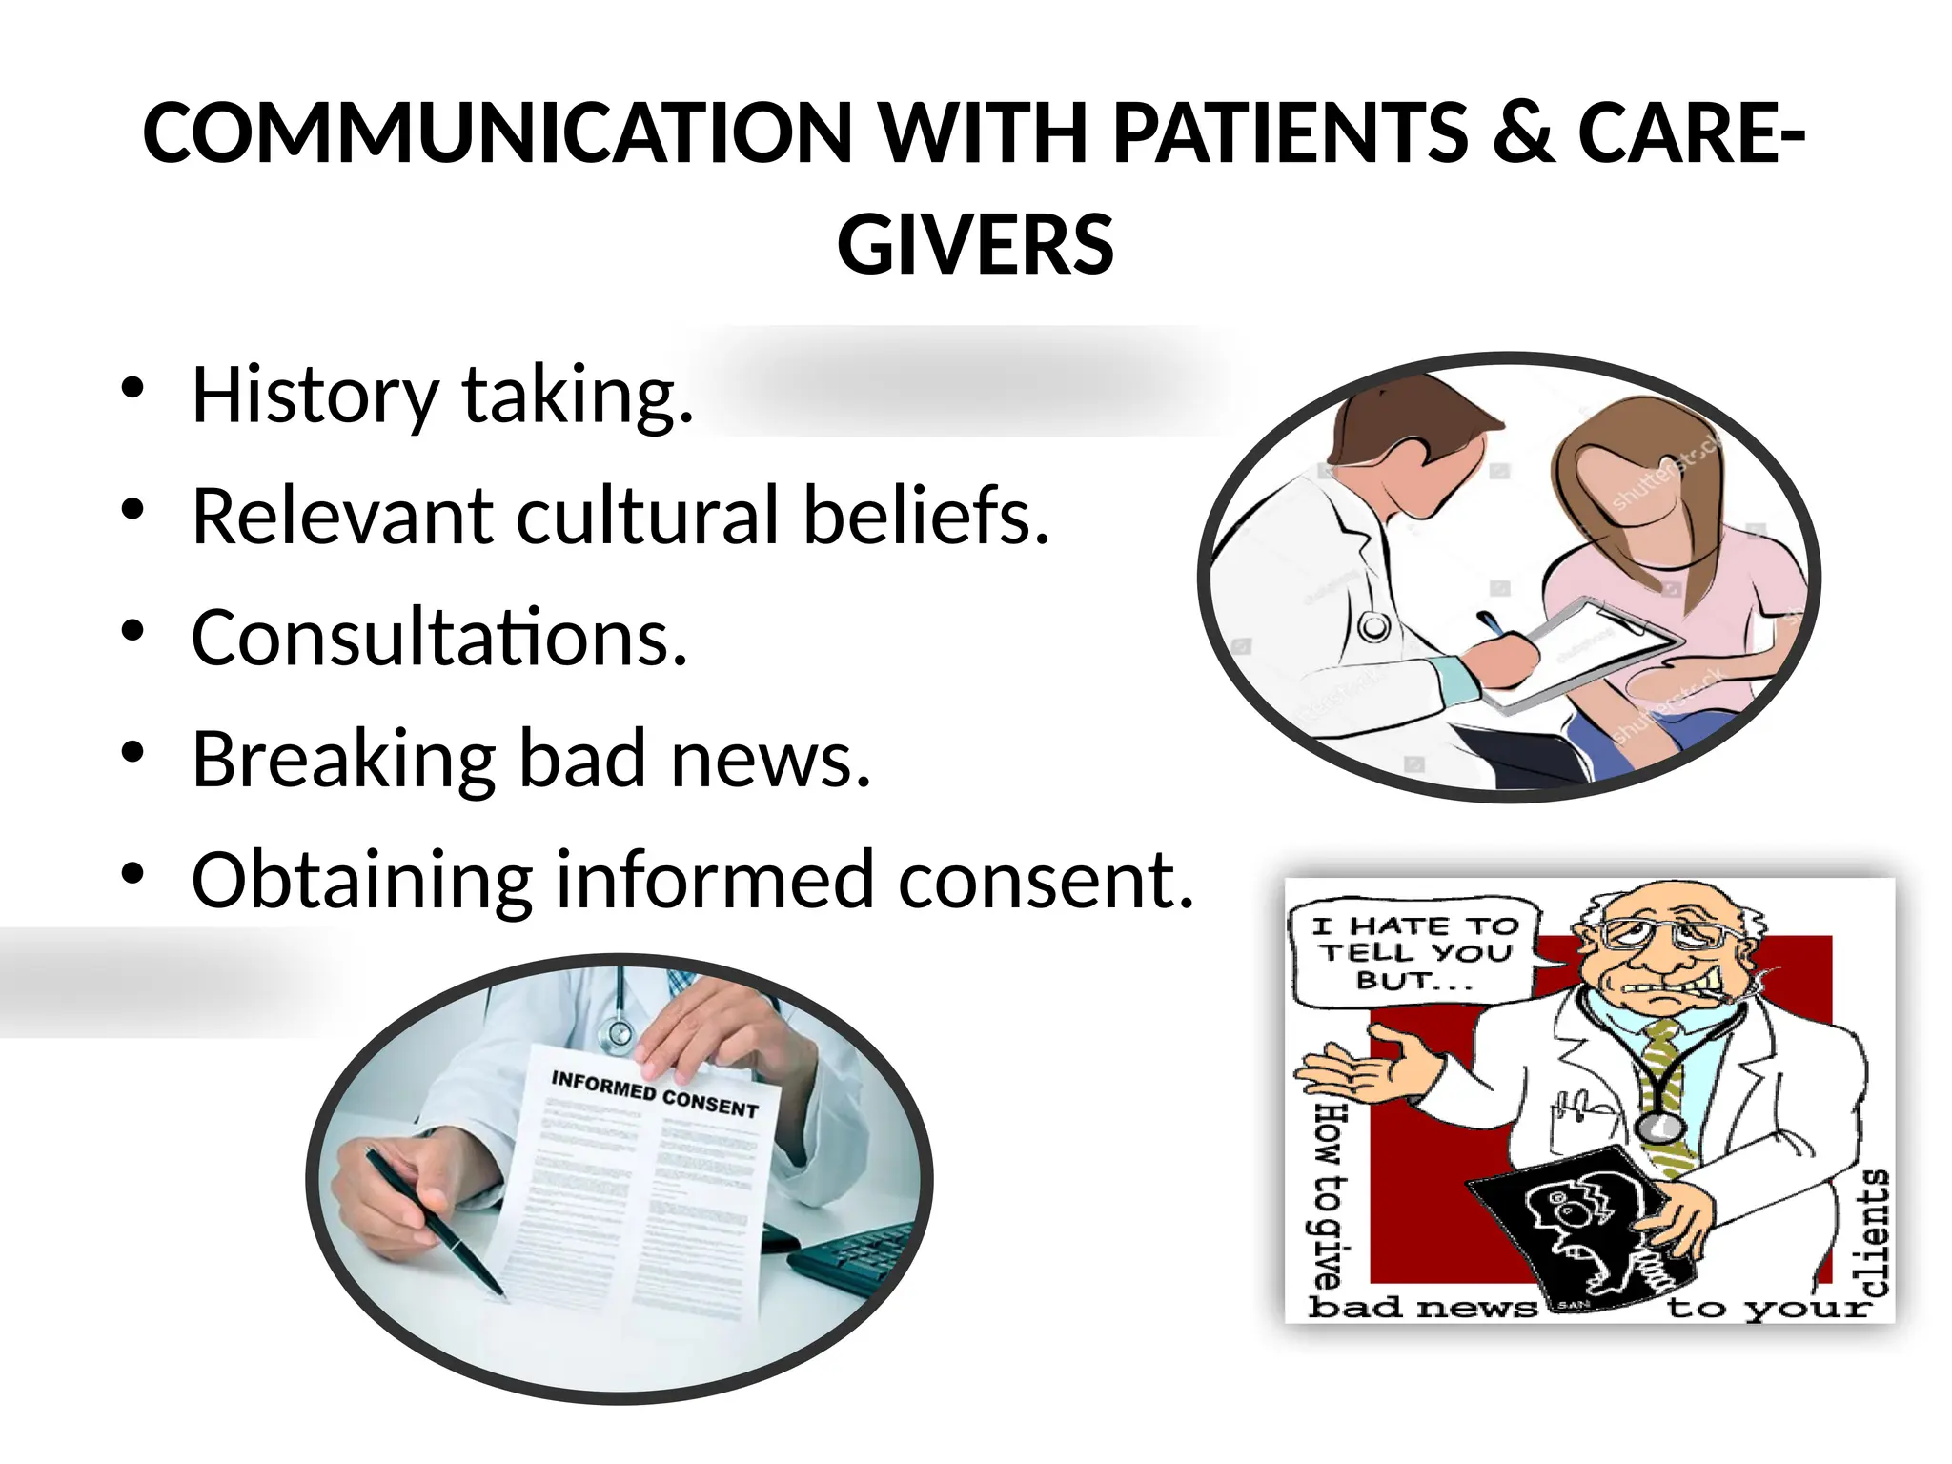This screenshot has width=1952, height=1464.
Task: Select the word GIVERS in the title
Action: point(975,245)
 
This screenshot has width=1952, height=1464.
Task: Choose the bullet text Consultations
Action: point(439,638)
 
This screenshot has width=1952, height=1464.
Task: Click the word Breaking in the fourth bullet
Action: point(343,760)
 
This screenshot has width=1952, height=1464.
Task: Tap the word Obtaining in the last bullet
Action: point(361,881)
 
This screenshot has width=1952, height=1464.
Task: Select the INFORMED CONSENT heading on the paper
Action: point(655,1094)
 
